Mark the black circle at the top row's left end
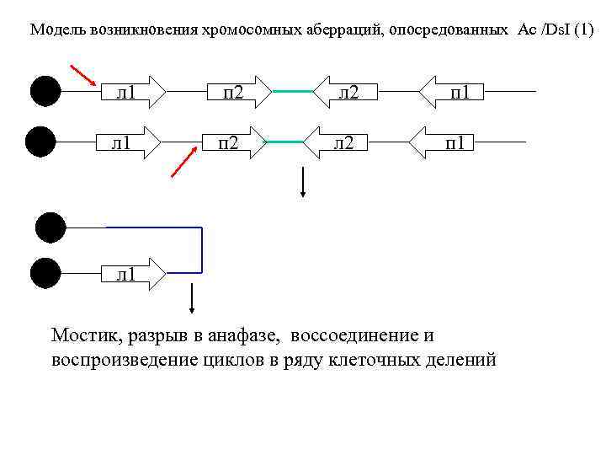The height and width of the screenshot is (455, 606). coord(44,91)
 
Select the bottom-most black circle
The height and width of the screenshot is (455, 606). coord(45,274)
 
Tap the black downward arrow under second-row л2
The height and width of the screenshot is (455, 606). coord(303,182)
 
